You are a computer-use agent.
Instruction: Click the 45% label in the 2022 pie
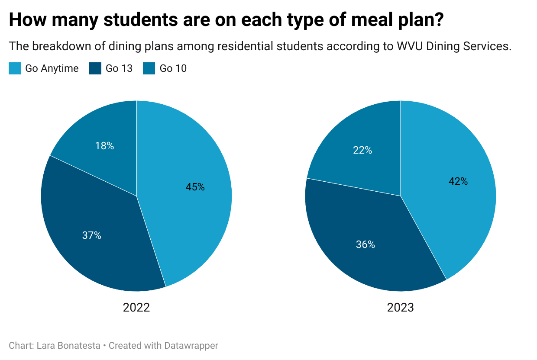pyautogui.click(x=195, y=187)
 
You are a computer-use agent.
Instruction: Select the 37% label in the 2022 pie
pyautogui.click(x=91, y=235)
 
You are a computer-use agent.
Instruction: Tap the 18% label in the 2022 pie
pyautogui.click(x=104, y=146)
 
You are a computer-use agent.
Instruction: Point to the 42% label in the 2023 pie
pyautogui.click(x=458, y=181)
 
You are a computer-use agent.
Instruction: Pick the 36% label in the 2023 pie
pyautogui.click(x=365, y=244)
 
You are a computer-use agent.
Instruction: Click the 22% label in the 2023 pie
pyautogui.click(x=362, y=150)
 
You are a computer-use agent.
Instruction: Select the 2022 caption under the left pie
pyautogui.click(x=136, y=308)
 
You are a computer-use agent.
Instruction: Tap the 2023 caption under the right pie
pyautogui.click(x=401, y=308)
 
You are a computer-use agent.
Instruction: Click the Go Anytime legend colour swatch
pyautogui.click(x=15, y=68)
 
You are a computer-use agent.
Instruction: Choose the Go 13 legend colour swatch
pyautogui.click(x=95, y=68)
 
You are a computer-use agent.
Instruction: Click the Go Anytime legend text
pyautogui.click(x=52, y=68)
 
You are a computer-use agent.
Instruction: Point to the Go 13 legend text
pyautogui.click(x=119, y=68)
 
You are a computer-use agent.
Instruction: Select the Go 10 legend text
pyautogui.click(x=173, y=68)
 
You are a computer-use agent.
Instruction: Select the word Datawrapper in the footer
pyautogui.click(x=191, y=346)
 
